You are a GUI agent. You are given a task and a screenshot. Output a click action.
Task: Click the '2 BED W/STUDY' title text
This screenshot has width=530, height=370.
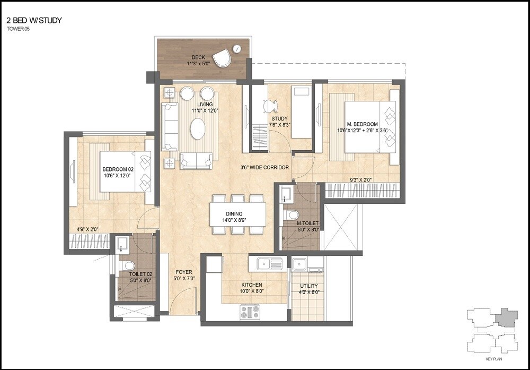point(34,21)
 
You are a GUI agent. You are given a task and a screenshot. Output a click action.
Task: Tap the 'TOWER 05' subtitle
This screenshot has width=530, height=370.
point(19,29)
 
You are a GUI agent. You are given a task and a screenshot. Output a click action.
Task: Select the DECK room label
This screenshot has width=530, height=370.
point(198,57)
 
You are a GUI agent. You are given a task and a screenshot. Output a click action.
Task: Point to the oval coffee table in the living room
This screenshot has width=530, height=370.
point(198,128)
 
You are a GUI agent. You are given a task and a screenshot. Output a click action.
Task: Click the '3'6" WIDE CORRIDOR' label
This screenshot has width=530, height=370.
point(264,167)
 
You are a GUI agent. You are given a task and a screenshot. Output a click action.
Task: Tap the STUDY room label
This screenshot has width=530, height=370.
point(279,118)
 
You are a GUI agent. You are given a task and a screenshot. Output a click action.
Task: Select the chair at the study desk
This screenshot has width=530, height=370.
point(271,106)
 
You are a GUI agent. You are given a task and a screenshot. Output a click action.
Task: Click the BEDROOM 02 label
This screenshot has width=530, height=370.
point(117,170)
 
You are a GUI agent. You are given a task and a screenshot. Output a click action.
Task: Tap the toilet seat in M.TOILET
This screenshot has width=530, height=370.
point(290,216)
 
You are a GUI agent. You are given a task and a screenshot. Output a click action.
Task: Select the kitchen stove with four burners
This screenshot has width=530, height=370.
point(250,312)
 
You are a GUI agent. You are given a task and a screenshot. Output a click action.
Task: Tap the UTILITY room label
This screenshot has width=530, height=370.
point(308,286)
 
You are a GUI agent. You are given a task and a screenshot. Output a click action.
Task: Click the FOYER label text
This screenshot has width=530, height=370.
point(184,272)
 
